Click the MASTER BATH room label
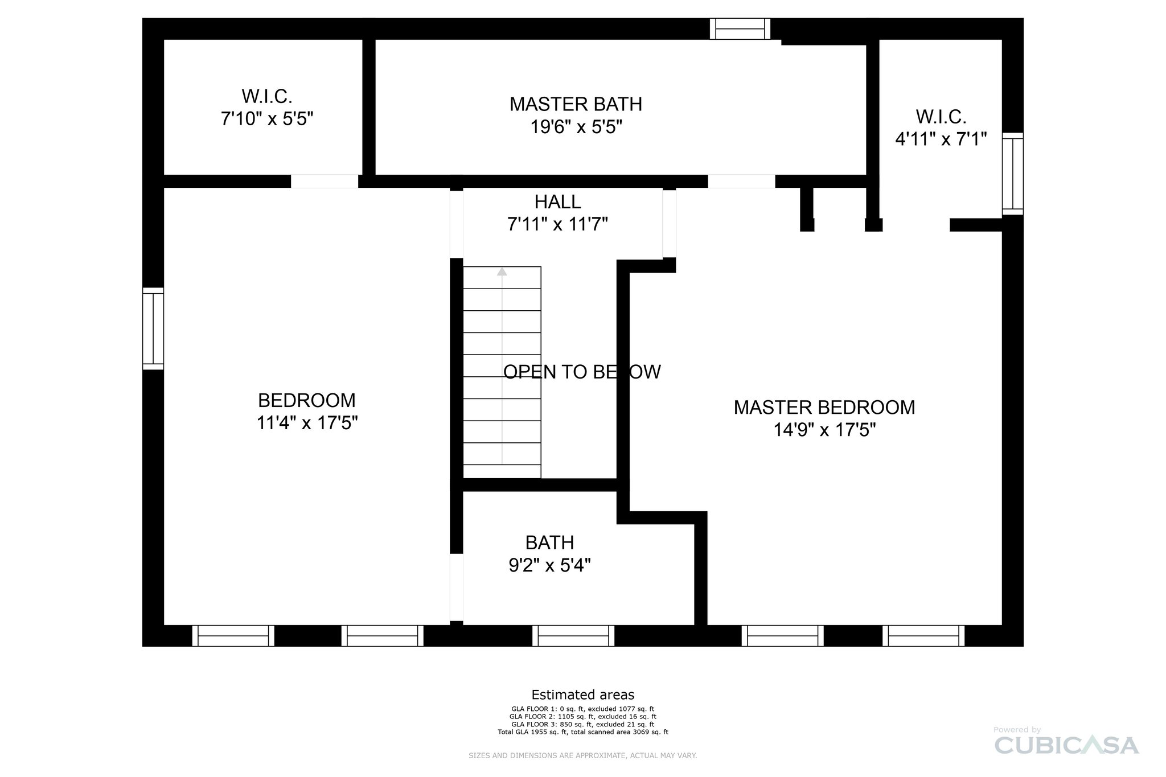pos(576,104)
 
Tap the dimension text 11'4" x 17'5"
pos(307,423)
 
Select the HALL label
pos(557,202)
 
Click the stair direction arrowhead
pos(502,272)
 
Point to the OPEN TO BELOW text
pos(582,372)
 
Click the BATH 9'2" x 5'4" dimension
pos(549,565)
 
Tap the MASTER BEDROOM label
pos(824,408)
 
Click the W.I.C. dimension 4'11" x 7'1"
pos(941,139)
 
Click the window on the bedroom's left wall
pos(153,328)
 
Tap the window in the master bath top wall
pos(740,28)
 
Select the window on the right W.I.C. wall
pos(1012,174)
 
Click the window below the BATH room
pos(573,635)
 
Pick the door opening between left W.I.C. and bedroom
pos(325,181)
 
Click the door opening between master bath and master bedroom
pos(741,181)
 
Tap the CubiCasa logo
pos(1066,745)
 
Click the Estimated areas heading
pos(582,694)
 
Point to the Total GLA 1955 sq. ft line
pos(582,732)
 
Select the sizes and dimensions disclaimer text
pos(582,755)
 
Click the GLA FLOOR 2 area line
pos(582,717)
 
